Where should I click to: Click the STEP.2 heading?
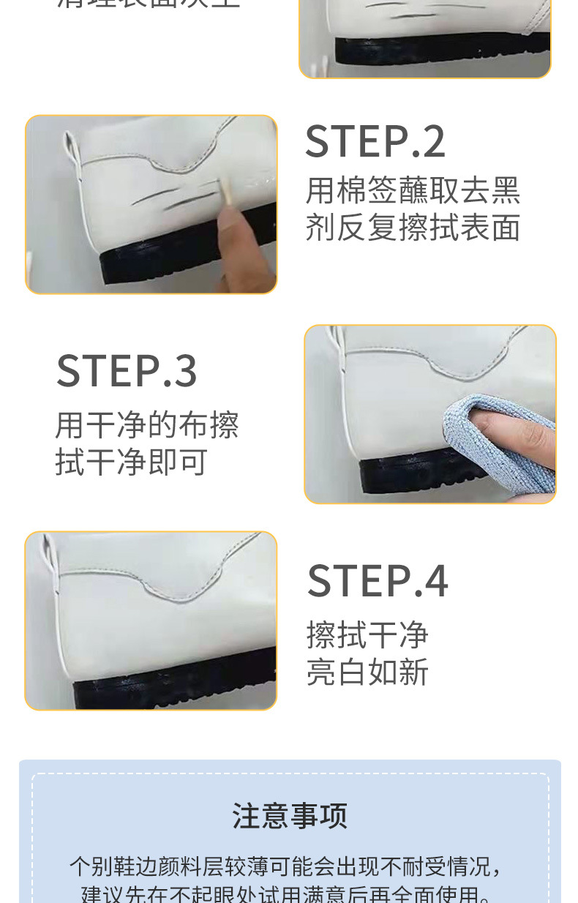[375, 142]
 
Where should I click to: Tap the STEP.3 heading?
[127, 371]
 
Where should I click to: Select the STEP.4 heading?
[378, 581]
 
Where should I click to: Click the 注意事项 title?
[290, 815]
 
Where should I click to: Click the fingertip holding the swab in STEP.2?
[233, 223]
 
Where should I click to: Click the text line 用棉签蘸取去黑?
[413, 190]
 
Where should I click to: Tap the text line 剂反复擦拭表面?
[413, 228]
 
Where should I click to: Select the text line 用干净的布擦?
[147, 425]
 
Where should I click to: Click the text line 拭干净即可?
[132, 462]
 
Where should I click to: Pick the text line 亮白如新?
[367, 672]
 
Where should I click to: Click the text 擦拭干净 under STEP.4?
[367, 634]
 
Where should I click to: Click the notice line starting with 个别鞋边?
[287, 866]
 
